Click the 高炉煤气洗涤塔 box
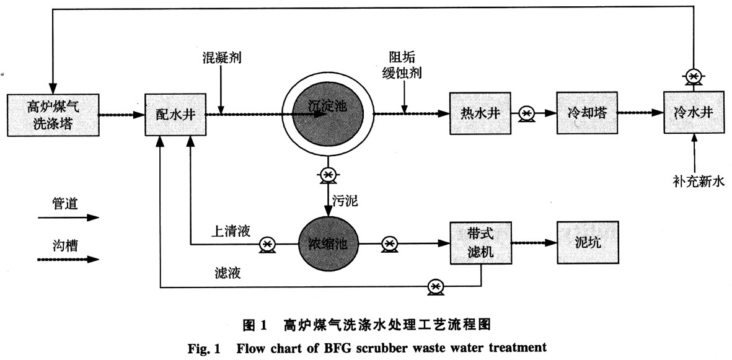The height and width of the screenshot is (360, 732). tap(53, 115)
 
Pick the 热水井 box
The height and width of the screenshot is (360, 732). tap(481, 114)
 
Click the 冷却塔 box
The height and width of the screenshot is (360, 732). tap(586, 114)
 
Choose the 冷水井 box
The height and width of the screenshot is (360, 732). tap(694, 113)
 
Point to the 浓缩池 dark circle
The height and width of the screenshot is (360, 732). tap(328, 244)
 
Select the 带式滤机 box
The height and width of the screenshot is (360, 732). tap(481, 244)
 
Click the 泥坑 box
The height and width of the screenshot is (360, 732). tap(588, 243)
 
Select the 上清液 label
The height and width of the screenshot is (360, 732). tap(231, 230)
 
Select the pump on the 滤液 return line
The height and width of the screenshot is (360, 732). tap(436, 287)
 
